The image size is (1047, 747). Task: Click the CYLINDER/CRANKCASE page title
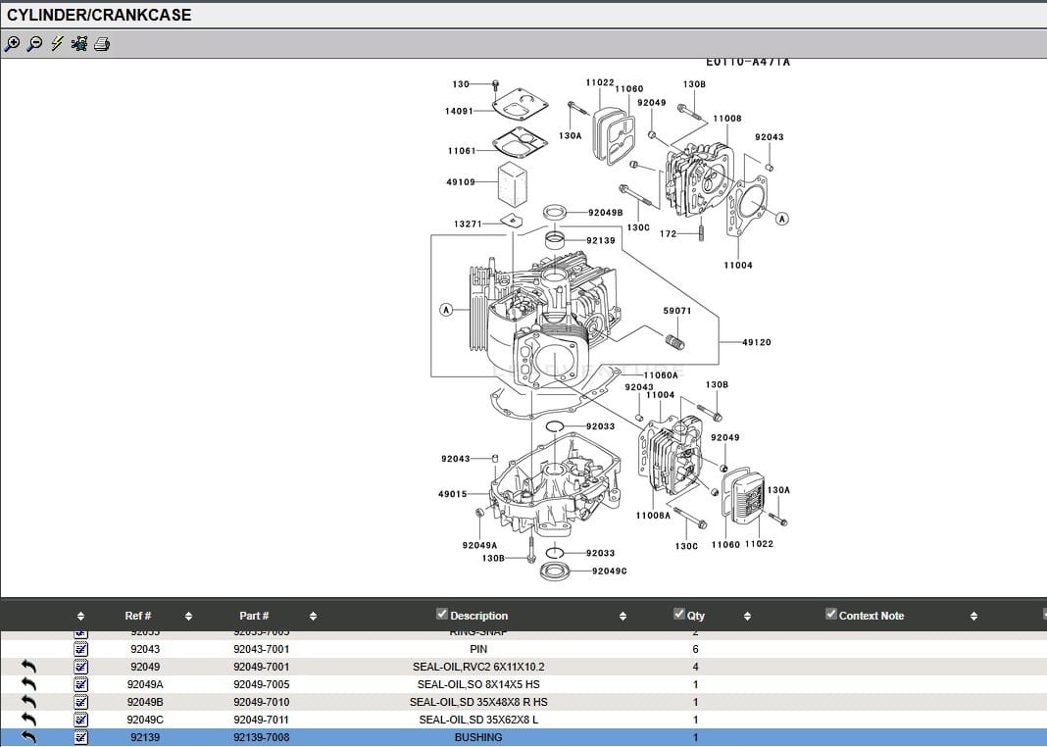(x=99, y=16)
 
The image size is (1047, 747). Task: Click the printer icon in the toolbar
(x=102, y=44)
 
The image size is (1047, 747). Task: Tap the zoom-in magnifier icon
(x=12, y=44)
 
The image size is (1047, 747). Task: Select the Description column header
(x=478, y=616)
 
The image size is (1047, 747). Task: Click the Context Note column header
(x=871, y=616)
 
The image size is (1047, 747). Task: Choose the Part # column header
(x=254, y=616)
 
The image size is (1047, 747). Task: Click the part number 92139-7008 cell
(x=261, y=737)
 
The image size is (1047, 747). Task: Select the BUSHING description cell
(x=478, y=737)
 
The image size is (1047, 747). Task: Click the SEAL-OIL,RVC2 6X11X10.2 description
(x=478, y=667)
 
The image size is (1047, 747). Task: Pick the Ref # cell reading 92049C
(x=145, y=720)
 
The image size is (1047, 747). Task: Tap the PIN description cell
(x=478, y=649)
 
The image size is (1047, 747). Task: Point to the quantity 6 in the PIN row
(x=695, y=649)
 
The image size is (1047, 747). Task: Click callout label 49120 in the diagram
(x=756, y=342)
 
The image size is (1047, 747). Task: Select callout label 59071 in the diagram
(x=676, y=311)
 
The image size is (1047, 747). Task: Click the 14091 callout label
(x=459, y=111)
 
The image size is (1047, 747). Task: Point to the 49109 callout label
(x=460, y=181)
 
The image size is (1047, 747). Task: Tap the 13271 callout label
(x=467, y=224)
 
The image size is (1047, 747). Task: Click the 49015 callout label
(x=452, y=494)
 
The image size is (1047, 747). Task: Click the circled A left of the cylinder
(x=446, y=310)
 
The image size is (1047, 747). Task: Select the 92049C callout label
(x=609, y=571)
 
